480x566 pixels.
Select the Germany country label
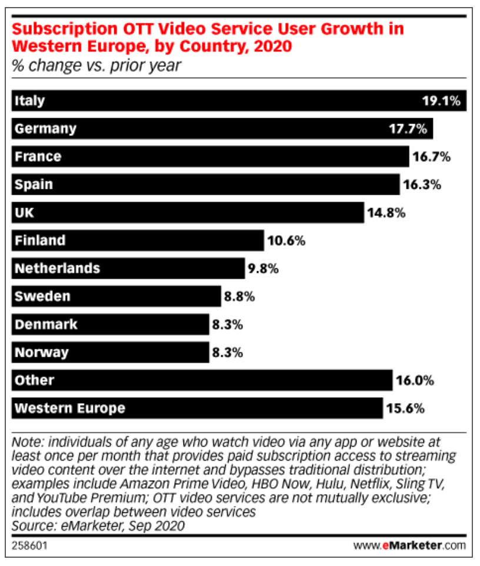[x=45, y=128]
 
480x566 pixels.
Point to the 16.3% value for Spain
[x=421, y=185]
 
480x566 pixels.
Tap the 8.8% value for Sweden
[x=239, y=297]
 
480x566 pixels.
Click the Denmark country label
[x=46, y=324]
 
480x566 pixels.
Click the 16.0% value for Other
[x=415, y=381]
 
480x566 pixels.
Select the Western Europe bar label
[x=69, y=408]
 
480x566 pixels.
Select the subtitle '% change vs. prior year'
[x=97, y=65]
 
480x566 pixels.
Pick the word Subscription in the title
[x=65, y=29]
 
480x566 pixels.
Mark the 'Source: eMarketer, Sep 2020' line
[x=99, y=525]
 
